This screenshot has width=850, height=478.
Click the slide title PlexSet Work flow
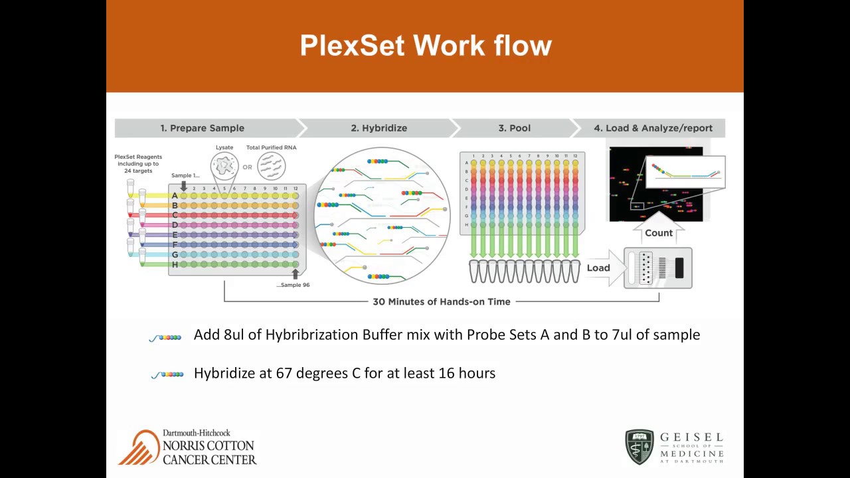click(x=425, y=46)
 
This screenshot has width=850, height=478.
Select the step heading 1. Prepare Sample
click(x=202, y=128)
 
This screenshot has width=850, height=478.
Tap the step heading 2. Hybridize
click(x=379, y=128)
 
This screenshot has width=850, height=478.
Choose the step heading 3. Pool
click(x=515, y=128)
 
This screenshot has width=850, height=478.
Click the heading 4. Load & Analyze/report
click(x=653, y=128)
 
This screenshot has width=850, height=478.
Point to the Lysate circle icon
click(x=224, y=164)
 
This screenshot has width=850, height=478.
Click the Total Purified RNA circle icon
click(x=271, y=164)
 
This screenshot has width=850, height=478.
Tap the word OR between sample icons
click(x=247, y=167)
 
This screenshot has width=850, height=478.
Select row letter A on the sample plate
click(x=175, y=196)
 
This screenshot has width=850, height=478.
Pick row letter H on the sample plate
click(x=175, y=264)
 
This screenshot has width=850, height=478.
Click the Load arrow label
click(x=598, y=268)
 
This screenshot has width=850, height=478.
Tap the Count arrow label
click(x=658, y=233)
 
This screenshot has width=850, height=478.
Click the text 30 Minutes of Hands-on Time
click(x=441, y=301)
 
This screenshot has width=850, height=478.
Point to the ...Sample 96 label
click(x=293, y=285)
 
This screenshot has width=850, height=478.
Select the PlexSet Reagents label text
click(x=138, y=164)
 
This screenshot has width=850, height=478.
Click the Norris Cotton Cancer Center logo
click(x=187, y=447)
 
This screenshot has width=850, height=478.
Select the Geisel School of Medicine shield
click(x=639, y=447)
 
